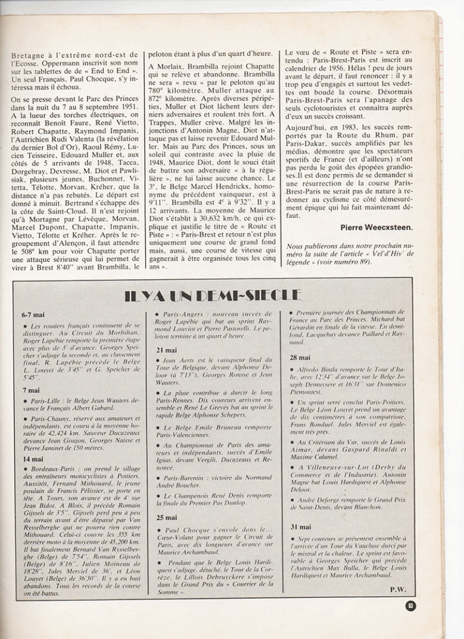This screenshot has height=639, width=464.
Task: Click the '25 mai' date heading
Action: pos(166,517)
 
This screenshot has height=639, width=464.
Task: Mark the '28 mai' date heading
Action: pos(300,357)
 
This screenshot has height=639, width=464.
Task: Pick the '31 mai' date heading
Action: pos(300,527)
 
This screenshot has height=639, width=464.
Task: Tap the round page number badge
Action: pos(410,605)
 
